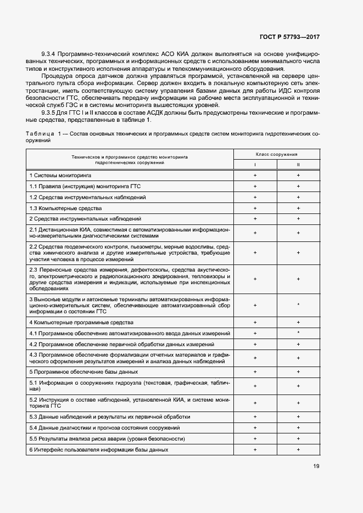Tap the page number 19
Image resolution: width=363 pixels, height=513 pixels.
coord(316,466)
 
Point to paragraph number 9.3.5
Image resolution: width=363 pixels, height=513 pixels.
coord(49,111)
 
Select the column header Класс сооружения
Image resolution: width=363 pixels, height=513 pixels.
coord(277,155)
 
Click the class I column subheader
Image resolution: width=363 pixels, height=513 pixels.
coord(255,165)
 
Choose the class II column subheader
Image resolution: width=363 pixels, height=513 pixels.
coord(298,165)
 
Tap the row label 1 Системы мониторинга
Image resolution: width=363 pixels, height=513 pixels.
coord(60,175)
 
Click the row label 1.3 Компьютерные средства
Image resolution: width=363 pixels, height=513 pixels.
coord(65,208)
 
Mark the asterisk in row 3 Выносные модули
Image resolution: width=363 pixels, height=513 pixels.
coord(298,305)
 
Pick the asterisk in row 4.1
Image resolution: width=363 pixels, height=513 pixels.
coord(298,333)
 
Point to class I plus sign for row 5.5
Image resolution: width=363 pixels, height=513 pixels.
coord(255,439)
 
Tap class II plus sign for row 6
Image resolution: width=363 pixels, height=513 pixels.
coord(298,450)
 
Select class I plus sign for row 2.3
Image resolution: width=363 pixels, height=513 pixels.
coord(255,279)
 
